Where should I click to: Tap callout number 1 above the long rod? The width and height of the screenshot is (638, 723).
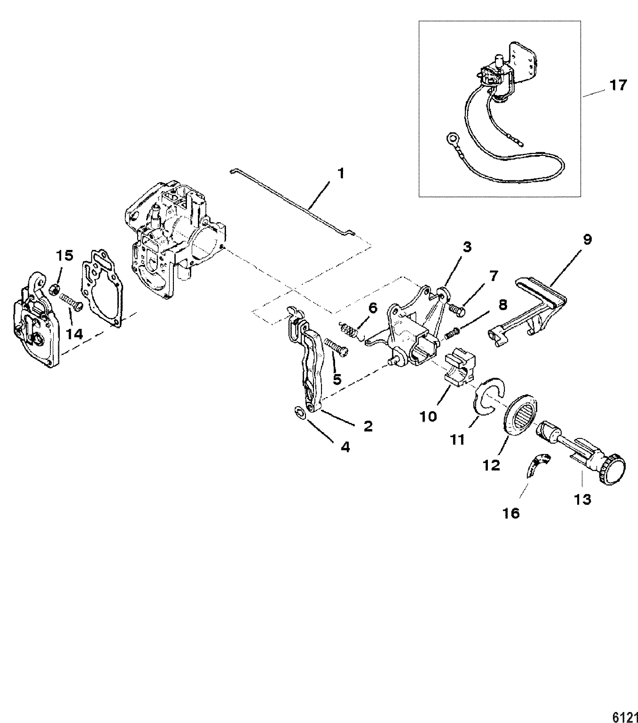[341, 174]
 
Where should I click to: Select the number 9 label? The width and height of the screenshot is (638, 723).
[587, 240]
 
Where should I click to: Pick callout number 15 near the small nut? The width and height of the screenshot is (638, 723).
[65, 255]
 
